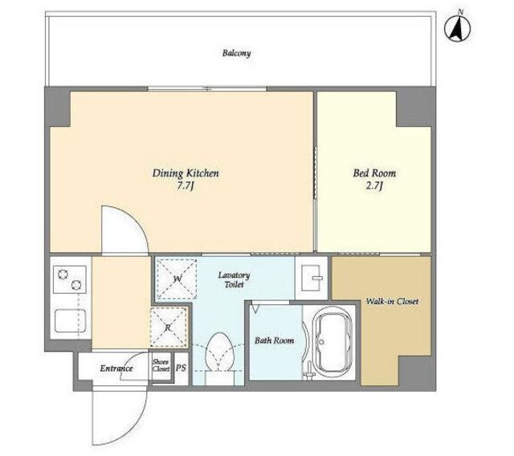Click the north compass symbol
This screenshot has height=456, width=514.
pyautogui.click(x=457, y=28)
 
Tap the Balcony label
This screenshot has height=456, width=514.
pyautogui.click(x=236, y=53)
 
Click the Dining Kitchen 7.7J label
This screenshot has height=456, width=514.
pyautogui.click(x=186, y=179)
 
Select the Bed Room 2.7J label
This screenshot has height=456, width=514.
pyautogui.click(x=374, y=179)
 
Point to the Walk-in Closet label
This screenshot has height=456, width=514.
pyautogui.click(x=392, y=301)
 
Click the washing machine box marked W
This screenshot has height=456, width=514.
pyautogui.click(x=177, y=279)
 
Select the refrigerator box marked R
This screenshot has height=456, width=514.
pyautogui.click(x=168, y=328)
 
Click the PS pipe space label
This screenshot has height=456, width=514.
pyautogui.click(x=181, y=368)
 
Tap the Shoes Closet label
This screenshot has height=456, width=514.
pyautogui.click(x=161, y=365)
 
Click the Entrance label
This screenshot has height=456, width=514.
pyautogui.click(x=116, y=368)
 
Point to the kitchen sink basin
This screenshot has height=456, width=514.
pyautogui.click(x=70, y=320)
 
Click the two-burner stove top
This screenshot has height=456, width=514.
pyautogui.click(x=70, y=279)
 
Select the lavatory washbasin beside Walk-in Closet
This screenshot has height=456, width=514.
pyautogui.click(x=312, y=278)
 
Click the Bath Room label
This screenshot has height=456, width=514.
pyautogui.click(x=275, y=340)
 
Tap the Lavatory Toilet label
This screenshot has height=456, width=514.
pyautogui.click(x=234, y=279)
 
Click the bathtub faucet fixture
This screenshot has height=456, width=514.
pyautogui.click(x=308, y=372)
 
